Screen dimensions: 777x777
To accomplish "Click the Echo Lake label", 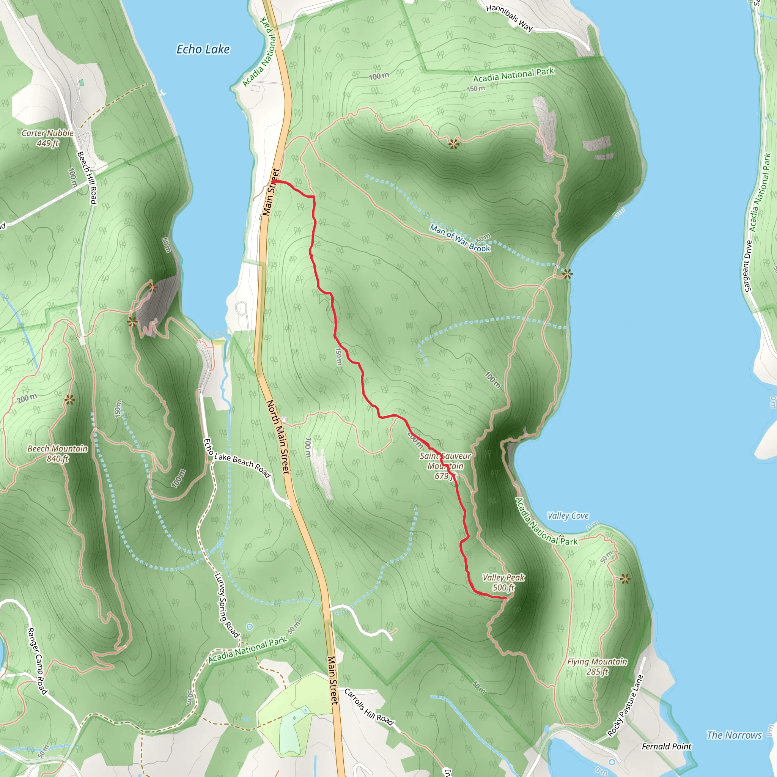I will (x=203, y=49).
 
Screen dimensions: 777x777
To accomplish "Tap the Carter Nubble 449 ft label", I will (x=47, y=138).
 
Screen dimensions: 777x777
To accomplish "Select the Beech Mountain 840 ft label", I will (x=58, y=454).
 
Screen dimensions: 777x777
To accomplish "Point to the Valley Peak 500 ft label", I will (x=503, y=582).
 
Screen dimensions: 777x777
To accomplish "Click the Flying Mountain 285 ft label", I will (x=597, y=666).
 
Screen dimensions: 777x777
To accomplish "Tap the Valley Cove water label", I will (x=568, y=516).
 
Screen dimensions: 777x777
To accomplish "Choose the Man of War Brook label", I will (x=460, y=238).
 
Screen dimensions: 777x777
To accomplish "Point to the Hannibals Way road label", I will (x=509, y=18).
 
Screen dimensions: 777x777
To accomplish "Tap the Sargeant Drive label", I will (x=748, y=266).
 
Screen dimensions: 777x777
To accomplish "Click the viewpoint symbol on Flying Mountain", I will (x=625, y=579).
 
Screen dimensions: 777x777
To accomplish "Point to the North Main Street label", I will (x=278, y=437).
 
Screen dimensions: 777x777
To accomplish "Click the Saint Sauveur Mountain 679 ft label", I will (x=445, y=466).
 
